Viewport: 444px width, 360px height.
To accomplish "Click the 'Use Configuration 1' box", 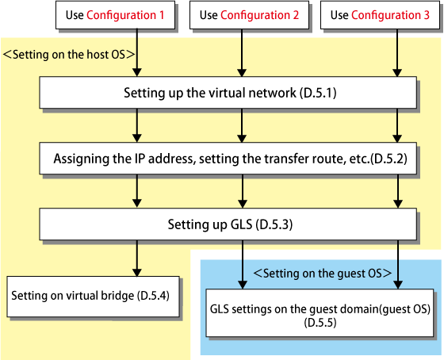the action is click(x=115, y=15).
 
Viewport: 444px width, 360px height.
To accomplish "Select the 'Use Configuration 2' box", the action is click(x=249, y=15).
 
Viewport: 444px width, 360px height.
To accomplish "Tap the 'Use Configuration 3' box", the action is click(x=380, y=15).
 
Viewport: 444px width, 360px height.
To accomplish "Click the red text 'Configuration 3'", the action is click(x=390, y=15).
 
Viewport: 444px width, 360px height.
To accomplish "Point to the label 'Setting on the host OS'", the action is click(x=69, y=55).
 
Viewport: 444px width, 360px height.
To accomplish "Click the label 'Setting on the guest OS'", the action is click(x=323, y=274).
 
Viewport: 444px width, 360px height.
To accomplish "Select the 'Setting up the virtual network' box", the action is click(x=228, y=92).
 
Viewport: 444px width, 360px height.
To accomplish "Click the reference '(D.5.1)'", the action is click(x=318, y=93).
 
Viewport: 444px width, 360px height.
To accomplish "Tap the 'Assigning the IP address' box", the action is click(x=228, y=159).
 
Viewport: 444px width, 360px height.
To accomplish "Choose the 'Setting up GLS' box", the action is click(x=228, y=224).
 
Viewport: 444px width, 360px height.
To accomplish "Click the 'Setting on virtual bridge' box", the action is click(x=94, y=297).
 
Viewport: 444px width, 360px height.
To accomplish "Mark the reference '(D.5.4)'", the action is click(x=153, y=296).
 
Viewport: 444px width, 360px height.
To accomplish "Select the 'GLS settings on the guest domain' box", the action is click(x=320, y=312).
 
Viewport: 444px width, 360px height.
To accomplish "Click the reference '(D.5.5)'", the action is click(x=320, y=323).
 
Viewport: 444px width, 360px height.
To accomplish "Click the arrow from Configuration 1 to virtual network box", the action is click(x=137, y=52).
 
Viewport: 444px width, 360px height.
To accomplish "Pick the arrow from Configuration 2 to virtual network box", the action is click(x=242, y=52).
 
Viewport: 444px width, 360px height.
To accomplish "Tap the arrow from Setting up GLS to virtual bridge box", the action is click(x=137, y=259).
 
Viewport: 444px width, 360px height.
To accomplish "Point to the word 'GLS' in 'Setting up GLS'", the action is click(x=241, y=224).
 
